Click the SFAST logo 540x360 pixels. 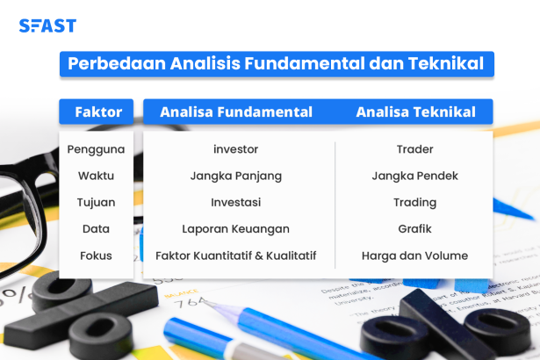click(x=47, y=25)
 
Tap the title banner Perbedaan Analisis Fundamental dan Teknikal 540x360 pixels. click(x=277, y=64)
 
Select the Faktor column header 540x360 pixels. click(x=97, y=112)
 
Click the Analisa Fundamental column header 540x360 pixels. click(x=236, y=112)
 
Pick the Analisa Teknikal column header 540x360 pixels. click(x=415, y=112)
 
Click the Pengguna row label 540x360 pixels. click(x=96, y=149)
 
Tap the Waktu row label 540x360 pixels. click(x=96, y=176)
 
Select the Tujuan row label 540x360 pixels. click(x=96, y=202)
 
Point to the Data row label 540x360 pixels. click(x=96, y=229)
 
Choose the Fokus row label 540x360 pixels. click(x=96, y=256)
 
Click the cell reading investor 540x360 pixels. click(x=235, y=149)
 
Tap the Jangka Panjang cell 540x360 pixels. click(x=235, y=176)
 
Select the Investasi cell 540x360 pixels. click(x=235, y=202)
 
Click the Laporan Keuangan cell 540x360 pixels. click(x=235, y=229)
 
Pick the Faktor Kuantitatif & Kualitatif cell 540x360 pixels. click(x=235, y=256)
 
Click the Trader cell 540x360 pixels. click(x=414, y=149)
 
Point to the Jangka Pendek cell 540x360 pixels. click(x=414, y=176)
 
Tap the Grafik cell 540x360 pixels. click(x=414, y=229)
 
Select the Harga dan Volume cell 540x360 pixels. click(x=414, y=256)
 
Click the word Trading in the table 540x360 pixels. click(x=414, y=202)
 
